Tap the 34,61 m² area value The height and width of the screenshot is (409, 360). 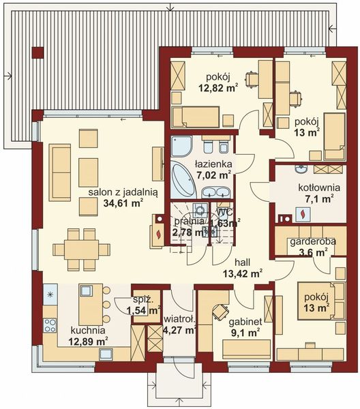point(123,202)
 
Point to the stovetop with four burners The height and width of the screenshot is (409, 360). point(50,326)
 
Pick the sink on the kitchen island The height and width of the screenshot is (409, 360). point(86,291)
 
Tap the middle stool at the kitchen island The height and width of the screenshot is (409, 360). point(106,303)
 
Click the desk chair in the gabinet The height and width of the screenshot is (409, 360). point(220,312)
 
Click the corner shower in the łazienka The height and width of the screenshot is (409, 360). point(182,146)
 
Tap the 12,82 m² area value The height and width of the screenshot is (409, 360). point(217,88)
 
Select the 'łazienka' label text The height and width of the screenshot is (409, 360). point(214,164)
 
